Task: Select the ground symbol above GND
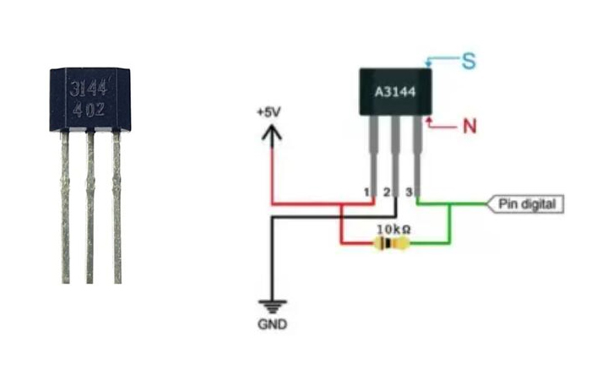pos(270,307)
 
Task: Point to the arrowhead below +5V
pos(271,132)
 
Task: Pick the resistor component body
pos(389,245)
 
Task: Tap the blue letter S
pos(468,61)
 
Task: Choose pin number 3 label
pos(409,193)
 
